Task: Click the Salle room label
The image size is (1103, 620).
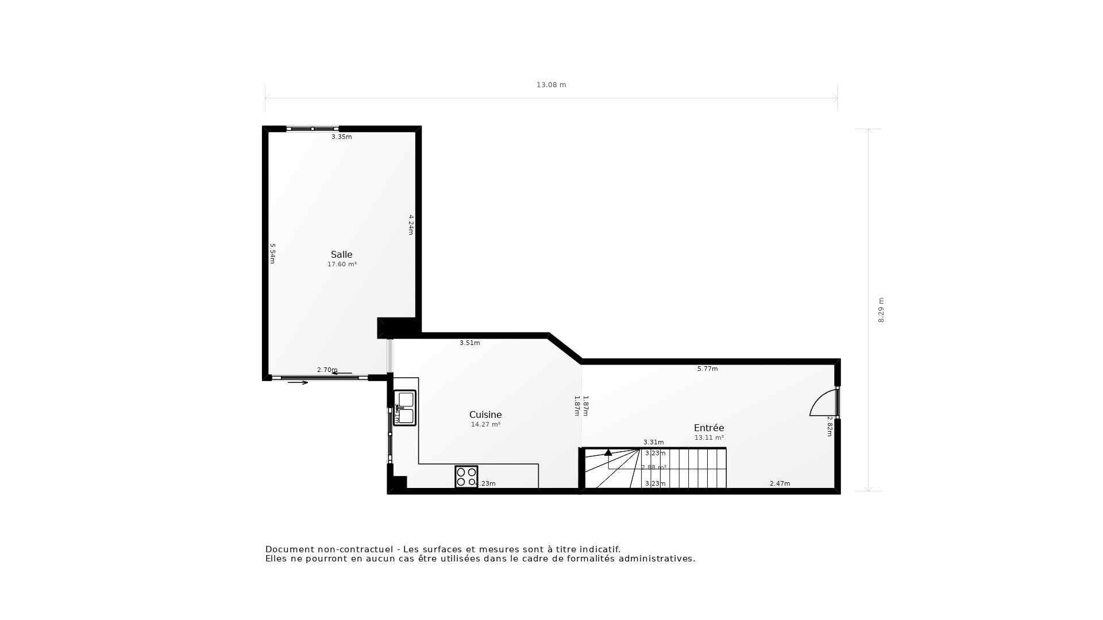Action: point(341,255)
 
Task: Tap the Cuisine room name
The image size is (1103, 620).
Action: point(485,415)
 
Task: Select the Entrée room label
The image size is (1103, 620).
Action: point(709,428)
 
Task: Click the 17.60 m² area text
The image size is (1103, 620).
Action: point(342,265)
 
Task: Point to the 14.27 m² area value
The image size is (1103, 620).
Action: point(485,425)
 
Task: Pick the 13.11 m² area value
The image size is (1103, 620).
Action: point(709,438)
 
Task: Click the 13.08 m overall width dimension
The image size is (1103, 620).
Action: point(551,85)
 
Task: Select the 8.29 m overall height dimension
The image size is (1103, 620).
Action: point(881,310)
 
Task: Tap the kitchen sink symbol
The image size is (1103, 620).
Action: point(405,408)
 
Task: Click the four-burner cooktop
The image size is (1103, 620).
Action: point(466,477)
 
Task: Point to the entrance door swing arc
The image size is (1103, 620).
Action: point(822,402)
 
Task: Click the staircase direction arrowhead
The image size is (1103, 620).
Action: point(608,452)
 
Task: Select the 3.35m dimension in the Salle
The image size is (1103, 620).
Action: point(341,137)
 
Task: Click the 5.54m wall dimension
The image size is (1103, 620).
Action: point(273,254)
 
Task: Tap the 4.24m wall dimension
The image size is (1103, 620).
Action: point(411,224)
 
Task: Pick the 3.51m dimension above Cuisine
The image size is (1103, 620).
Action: point(469,343)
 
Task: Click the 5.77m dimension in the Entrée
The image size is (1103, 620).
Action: point(707,369)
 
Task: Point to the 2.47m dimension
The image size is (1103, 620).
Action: point(780,484)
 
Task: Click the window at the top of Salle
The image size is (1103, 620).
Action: point(313,129)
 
